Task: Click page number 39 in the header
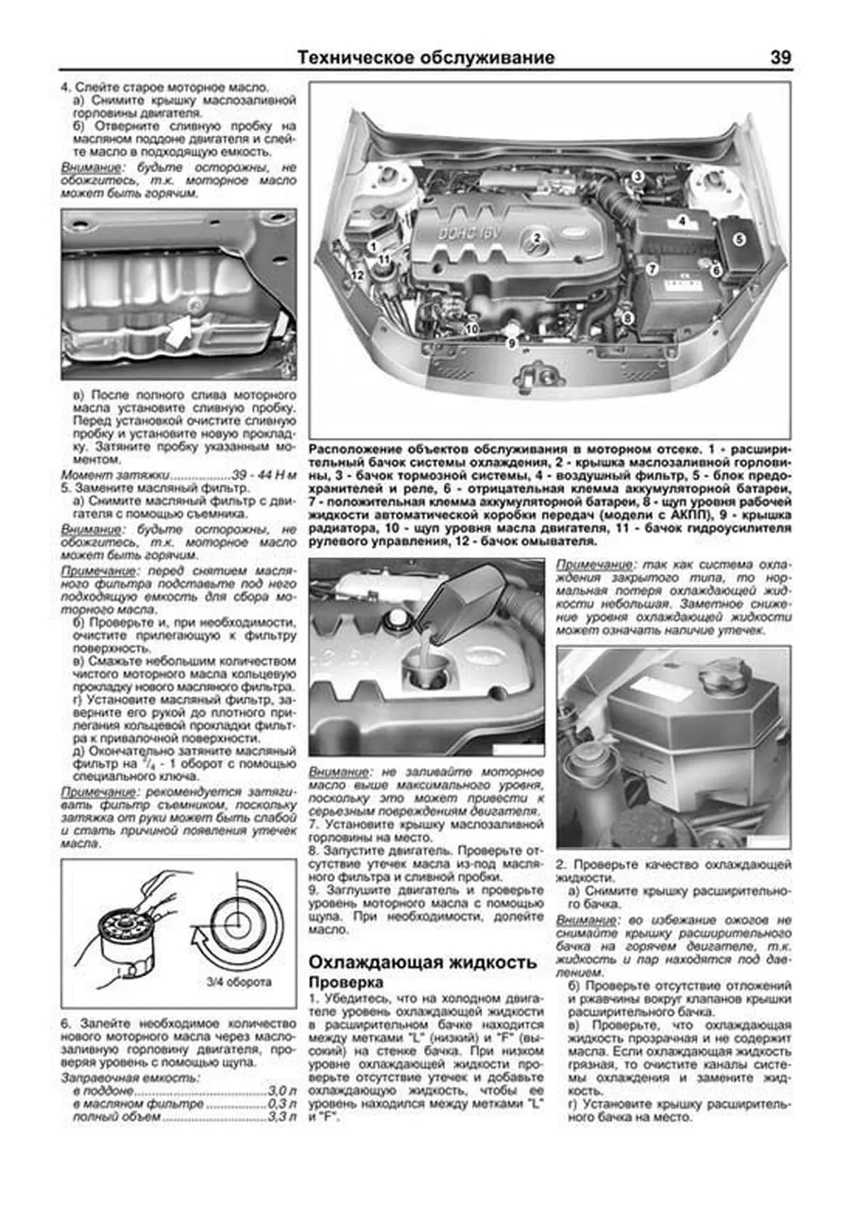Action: [780, 58]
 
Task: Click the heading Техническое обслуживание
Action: [425, 58]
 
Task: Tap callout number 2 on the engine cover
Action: [537, 238]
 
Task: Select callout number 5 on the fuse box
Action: [738, 239]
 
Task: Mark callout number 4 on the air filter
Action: [681, 221]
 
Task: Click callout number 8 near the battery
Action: [627, 318]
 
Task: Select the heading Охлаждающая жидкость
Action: [422, 962]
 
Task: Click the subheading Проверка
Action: [346, 983]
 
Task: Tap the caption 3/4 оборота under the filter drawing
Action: [239, 983]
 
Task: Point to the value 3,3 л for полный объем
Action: [281, 1118]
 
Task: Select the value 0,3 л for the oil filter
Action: [281, 1104]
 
